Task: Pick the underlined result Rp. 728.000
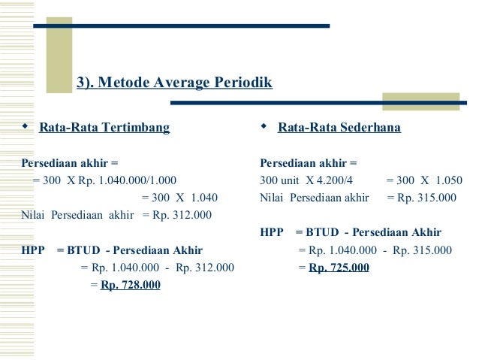[x=130, y=286]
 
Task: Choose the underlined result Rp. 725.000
[x=339, y=268]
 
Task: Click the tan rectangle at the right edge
[x=420, y=101]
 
